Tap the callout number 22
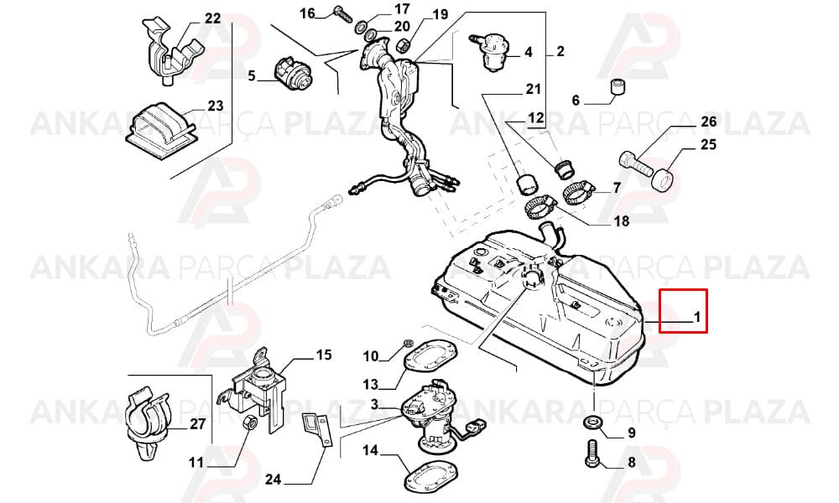(212, 18)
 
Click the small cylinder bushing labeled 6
(618, 86)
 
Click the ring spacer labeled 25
(663, 179)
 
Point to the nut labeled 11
(249, 423)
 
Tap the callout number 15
(324, 355)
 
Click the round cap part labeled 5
(294, 75)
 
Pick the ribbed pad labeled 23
(159, 129)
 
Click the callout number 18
(621, 220)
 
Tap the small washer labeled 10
(407, 343)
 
